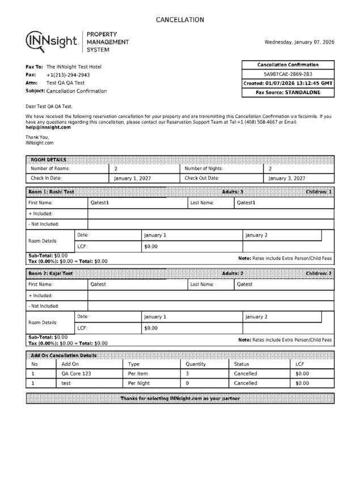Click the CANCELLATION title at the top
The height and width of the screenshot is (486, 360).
tap(180, 20)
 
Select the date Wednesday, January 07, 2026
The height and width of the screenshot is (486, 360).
tap(299, 42)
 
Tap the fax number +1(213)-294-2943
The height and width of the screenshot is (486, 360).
tap(68, 75)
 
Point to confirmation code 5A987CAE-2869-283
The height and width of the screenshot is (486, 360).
tap(288, 74)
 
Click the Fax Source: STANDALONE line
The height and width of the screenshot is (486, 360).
tap(288, 92)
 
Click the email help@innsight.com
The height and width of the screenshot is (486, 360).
tap(48, 128)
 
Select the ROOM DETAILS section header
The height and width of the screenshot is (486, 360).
tap(49, 159)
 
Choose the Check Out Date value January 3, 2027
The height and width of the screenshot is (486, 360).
tap(287, 178)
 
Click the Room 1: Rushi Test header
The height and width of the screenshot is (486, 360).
tap(52, 192)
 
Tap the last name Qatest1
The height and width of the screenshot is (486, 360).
tap(246, 202)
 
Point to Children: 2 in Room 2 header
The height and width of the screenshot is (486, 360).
tap(319, 274)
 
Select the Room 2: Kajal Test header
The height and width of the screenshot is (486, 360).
tap(51, 274)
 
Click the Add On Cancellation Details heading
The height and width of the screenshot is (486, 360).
tap(63, 356)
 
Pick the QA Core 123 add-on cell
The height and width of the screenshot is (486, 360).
tap(76, 374)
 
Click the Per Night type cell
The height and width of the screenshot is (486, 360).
tap(139, 383)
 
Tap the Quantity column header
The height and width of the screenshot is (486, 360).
tap(196, 364)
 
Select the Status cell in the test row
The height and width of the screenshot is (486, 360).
tap(245, 383)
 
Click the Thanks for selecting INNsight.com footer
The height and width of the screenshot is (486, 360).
tap(180, 399)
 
